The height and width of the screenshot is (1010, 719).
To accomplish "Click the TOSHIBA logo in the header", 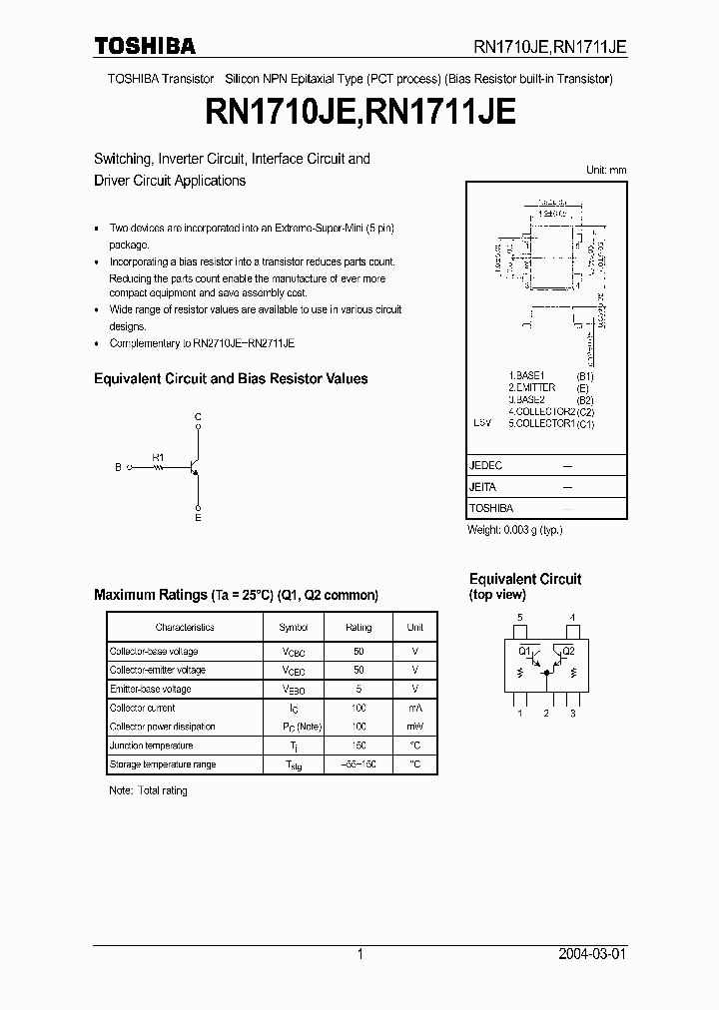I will click(x=145, y=46).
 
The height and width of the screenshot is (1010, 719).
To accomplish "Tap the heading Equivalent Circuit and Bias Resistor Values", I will click(x=231, y=379).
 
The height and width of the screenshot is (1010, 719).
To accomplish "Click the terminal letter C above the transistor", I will click(x=198, y=416).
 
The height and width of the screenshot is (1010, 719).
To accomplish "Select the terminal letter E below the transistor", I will click(x=198, y=518).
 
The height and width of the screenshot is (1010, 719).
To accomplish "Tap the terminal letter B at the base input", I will click(x=118, y=466).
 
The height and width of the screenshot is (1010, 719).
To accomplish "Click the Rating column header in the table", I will click(x=359, y=628).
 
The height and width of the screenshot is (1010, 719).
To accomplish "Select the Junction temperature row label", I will click(x=151, y=746).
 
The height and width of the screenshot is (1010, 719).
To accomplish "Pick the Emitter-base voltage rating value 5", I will click(x=359, y=689).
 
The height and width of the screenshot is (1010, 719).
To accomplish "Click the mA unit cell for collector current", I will click(x=415, y=708).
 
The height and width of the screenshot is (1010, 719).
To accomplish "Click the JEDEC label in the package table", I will click(x=486, y=466).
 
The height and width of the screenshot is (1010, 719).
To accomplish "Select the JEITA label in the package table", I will click(x=483, y=487).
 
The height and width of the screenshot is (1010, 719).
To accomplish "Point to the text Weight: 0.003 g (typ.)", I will click(x=515, y=530).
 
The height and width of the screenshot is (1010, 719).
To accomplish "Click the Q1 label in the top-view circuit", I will click(x=523, y=651).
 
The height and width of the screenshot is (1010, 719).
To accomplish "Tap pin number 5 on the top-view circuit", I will click(x=519, y=618).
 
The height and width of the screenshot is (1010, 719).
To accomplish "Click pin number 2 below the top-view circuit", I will click(x=546, y=713).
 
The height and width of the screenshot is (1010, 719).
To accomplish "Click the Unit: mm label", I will click(x=606, y=171).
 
